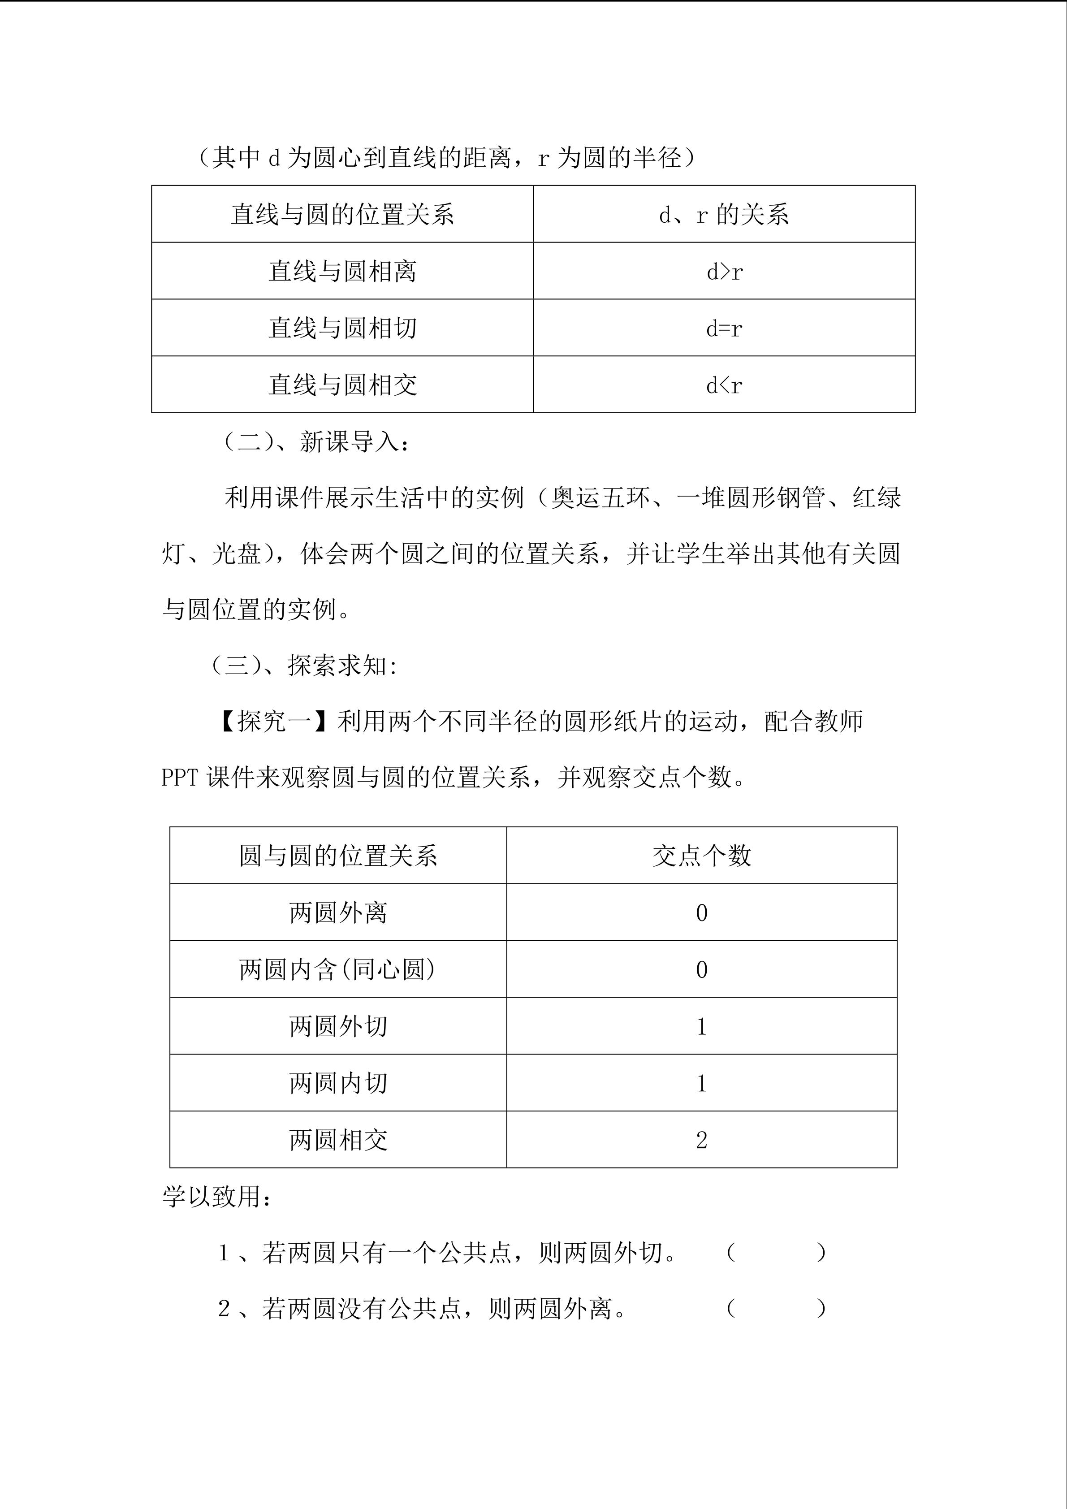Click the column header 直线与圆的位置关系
(342, 214)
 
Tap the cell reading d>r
(724, 272)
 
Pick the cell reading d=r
(724, 329)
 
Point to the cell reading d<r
(724, 385)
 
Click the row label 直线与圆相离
(342, 272)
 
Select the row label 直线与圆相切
(342, 329)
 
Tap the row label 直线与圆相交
(342, 385)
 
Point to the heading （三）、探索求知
(303, 666)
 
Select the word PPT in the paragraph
(179, 778)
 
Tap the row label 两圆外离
(338, 913)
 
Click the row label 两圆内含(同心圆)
(338, 969)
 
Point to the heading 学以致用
(216, 1197)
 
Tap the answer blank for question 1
(776, 1254)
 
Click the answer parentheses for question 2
(776, 1309)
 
